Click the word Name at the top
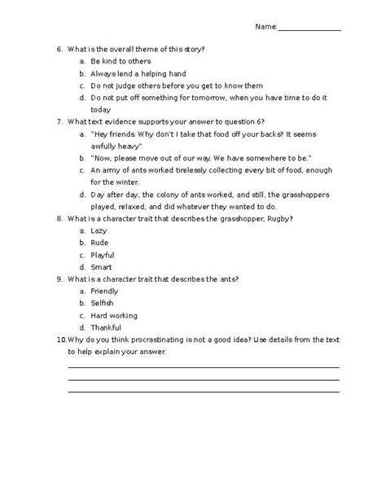(x=266, y=27)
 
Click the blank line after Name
(x=309, y=29)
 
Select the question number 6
(x=59, y=49)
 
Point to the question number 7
(x=59, y=121)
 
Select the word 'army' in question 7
(x=110, y=170)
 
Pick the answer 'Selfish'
(x=103, y=303)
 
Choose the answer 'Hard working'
(x=114, y=315)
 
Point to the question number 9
(x=59, y=278)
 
